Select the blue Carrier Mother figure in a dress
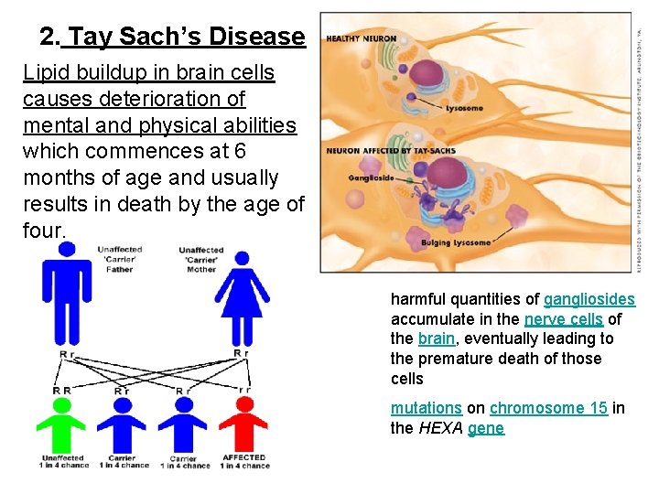pos(243,297)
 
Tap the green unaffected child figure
pos(62,425)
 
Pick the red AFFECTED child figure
pos(243,425)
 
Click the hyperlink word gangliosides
pos(589,299)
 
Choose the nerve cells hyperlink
pos(563,319)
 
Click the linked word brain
pos(436,338)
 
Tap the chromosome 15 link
pos(548,408)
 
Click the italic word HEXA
pos(440,428)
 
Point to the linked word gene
pos(485,428)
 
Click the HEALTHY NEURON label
pos(362,38)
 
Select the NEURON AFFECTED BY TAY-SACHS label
pos(376,150)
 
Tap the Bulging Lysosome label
pos(455,243)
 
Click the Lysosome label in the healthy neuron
pos(464,108)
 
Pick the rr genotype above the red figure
pos(243,390)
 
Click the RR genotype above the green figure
pos(62,390)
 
